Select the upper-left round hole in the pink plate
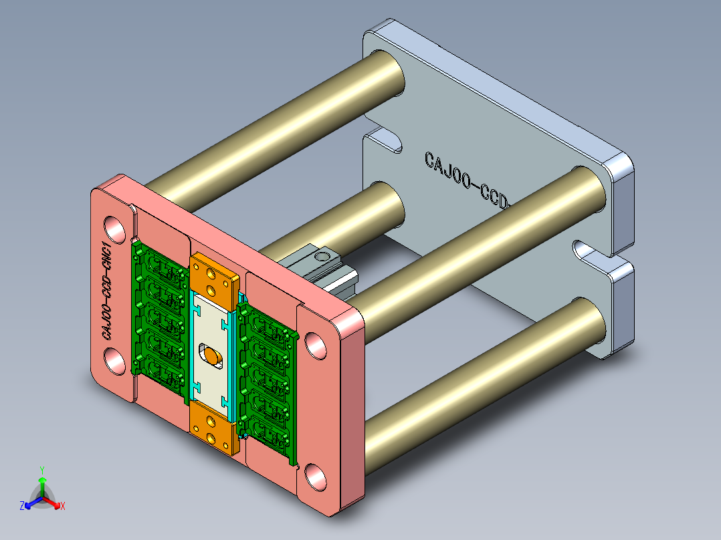[x=114, y=228]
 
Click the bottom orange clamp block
[x=213, y=428]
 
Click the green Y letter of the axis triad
[x=41, y=470]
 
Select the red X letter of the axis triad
[x=63, y=507]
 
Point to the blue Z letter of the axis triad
[x=22, y=507]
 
